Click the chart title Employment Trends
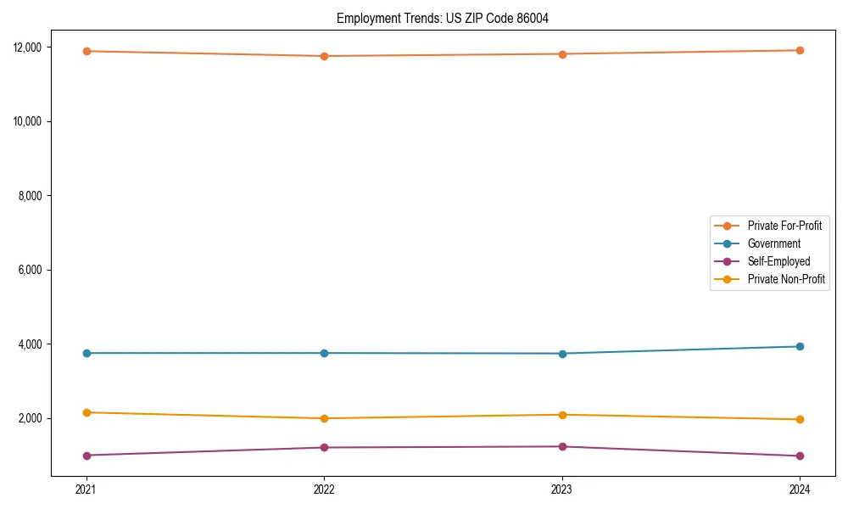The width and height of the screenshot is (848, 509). [442, 19]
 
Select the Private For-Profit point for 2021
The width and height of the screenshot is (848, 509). [86, 51]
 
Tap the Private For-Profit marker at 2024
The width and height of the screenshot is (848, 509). [800, 50]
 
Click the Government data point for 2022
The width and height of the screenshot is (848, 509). [324, 353]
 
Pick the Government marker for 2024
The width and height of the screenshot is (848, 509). [800, 346]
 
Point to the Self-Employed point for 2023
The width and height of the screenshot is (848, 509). [562, 446]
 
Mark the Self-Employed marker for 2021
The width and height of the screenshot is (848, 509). [86, 456]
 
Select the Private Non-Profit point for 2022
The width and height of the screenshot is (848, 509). [324, 418]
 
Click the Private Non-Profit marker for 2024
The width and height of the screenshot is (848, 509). [800, 419]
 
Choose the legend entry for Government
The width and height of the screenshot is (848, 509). [773, 243]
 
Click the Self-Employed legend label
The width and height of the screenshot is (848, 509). [778, 261]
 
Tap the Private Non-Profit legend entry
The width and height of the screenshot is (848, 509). [786, 279]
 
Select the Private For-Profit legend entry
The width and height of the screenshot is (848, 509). [784, 226]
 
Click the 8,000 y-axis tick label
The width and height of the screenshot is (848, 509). [31, 195]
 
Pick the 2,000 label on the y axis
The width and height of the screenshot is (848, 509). [31, 418]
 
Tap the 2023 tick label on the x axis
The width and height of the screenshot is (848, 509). [562, 489]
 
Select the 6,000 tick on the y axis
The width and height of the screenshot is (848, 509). [31, 270]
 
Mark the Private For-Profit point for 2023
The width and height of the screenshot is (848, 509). [562, 54]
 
